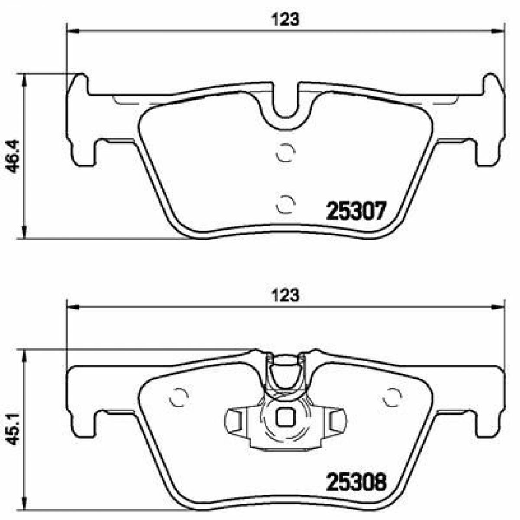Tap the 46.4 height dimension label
[13, 156]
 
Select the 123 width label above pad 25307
[286, 19]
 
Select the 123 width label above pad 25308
[286, 295]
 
